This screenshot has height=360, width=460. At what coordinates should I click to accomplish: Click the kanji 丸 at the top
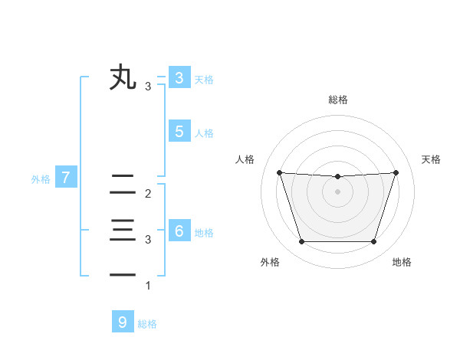pos(123,78)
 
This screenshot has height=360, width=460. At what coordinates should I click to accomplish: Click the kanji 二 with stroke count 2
pos(123,185)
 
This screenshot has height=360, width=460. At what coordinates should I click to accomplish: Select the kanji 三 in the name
pos(123,231)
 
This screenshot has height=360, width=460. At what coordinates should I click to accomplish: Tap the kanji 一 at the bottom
pos(123,274)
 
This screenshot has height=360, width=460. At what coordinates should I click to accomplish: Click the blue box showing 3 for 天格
pos(179,78)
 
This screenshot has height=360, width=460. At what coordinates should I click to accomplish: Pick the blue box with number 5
pos(179,132)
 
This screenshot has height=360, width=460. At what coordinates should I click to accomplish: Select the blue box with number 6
pos(179,231)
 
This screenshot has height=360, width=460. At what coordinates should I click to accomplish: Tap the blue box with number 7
pos(66,178)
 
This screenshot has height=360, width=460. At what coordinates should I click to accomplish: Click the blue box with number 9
pos(122,322)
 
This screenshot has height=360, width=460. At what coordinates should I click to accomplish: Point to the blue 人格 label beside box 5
pos(204,133)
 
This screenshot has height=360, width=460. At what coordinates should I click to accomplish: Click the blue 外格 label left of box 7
pos(41,179)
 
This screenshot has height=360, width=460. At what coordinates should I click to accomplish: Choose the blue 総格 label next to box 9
pos(147,324)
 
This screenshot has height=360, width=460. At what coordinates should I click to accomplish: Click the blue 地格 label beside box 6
pos(204,233)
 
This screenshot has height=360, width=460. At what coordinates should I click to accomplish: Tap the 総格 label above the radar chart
pos(337,100)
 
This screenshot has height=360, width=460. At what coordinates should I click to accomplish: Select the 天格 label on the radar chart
pos(431,159)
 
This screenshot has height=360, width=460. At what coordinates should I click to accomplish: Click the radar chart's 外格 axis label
pos(270,262)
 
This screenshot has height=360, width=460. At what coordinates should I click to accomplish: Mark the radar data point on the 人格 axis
pos(279,172)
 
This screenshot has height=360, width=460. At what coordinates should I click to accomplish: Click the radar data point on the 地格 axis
pos(373,241)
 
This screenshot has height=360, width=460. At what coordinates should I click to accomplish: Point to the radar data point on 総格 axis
pos(337,177)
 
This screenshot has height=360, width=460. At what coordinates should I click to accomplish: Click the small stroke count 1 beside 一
pos(148,286)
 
